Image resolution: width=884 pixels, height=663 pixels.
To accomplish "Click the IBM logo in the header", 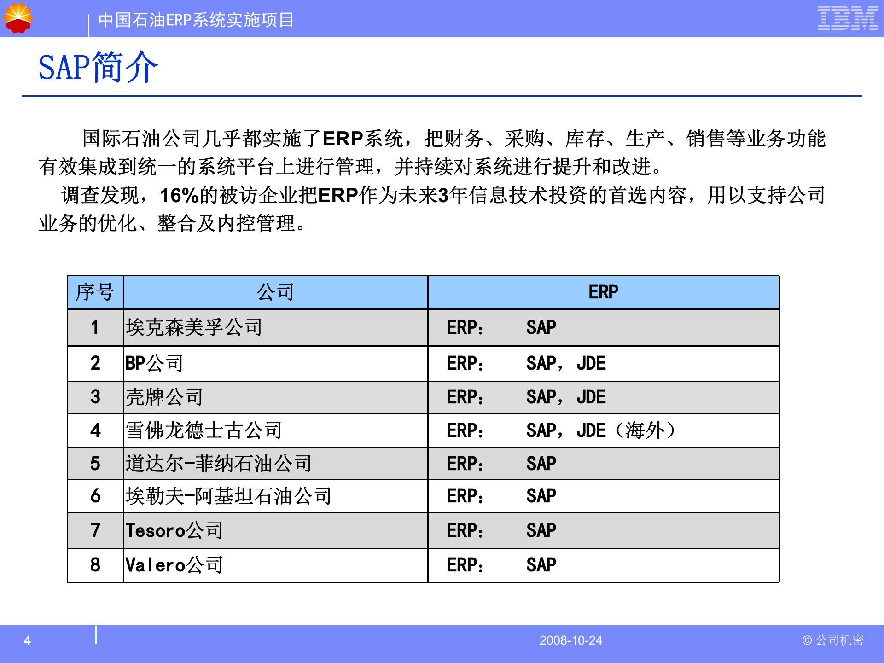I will pos(847,18).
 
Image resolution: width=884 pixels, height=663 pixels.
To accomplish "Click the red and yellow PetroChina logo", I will pos(18,18).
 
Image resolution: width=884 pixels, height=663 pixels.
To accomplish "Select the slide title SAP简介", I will pos(98,68).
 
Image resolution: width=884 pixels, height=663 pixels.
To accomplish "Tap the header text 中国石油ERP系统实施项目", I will pos(196,20).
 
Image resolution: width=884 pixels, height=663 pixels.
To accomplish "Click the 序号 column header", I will pos(95,292).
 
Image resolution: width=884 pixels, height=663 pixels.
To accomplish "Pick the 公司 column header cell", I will pos(275,292).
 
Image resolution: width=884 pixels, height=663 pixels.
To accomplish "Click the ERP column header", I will pos(603,292).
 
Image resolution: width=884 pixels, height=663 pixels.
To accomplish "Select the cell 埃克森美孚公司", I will pos(194,327).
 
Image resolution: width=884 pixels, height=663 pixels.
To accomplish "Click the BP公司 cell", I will pos(155,363).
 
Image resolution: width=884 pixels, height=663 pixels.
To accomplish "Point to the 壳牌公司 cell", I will pos(164,397).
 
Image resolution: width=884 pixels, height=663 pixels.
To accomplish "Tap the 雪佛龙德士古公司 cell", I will pos(204,430).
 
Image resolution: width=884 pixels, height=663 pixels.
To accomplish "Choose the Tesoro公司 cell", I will pos(174,530).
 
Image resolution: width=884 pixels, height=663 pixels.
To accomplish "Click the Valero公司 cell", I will pos(174,565).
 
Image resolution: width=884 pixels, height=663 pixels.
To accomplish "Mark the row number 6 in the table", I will pos(95,496).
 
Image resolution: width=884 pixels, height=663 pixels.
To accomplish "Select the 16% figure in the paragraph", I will pos(179,195).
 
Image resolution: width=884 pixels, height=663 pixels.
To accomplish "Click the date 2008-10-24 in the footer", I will pos(570,640).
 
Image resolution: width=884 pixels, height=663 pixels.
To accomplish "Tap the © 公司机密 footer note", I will pos(832,640).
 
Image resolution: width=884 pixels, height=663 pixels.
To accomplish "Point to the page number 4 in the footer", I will pos(28,640).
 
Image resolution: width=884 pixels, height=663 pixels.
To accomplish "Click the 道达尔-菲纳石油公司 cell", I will pos(219,464).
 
